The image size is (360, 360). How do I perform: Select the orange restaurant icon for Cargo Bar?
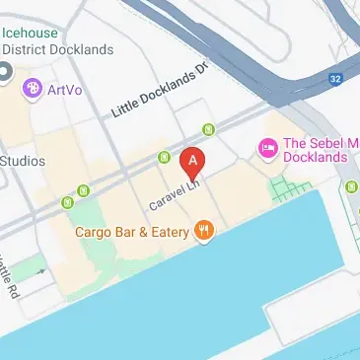click(205, 232)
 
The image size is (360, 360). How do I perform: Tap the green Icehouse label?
click(30, 30)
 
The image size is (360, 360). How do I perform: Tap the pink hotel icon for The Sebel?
click(265, 148)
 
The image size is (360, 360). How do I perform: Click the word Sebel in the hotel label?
click(320, 142)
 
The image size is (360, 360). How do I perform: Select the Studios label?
click(22, 161)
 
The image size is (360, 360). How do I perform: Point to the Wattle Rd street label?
click(9, 279)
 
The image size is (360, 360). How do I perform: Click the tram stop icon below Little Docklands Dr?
click(208, 129)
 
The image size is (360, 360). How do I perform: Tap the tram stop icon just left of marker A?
click(164, 156)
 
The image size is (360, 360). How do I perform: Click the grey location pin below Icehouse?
click(4, 73)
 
